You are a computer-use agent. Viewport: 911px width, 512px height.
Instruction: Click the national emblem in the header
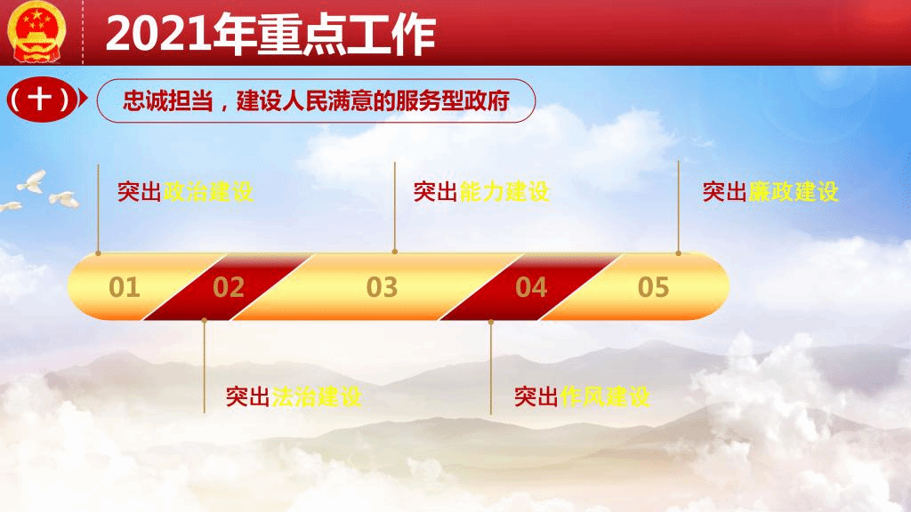[x=36, y=32]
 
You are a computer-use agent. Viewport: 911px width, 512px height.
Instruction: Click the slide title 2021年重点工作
[x=270, y=35]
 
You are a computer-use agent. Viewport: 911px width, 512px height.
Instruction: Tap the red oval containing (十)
[x=41, y=100]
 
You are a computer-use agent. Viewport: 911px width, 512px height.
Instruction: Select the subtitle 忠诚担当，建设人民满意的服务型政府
[x=316, y=101]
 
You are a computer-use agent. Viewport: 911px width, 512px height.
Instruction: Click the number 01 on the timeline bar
[x=125, y=287]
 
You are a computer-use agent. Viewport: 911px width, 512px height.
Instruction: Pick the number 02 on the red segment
[x=229, y=287]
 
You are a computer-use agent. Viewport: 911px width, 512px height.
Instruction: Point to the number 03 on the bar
[x=382, y=287]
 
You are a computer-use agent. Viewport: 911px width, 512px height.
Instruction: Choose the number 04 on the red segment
[x=531, y=287]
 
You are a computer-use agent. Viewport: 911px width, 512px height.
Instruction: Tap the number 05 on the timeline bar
[x=654, y=287]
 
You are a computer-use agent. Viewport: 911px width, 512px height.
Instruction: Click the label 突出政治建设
[x=185, y=192]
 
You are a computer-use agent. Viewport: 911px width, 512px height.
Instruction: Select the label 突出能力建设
[x=481, y=192]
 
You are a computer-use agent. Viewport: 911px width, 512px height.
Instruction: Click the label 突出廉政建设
[x=770, y=192]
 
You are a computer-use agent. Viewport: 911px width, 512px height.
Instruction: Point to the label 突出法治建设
[x=294, y=397]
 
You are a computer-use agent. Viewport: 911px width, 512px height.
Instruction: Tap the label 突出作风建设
[x=582, y=397]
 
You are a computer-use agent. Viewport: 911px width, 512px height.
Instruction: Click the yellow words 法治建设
[x=317, y=397]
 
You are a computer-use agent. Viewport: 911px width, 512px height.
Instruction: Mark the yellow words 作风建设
[x=605, y=397]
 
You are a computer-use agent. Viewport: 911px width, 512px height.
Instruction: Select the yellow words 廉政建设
[x=793, y=192]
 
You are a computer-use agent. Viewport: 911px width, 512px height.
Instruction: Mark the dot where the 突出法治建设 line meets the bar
[x=204, y=320]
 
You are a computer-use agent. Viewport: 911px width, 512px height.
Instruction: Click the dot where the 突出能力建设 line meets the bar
[x=395, y=252]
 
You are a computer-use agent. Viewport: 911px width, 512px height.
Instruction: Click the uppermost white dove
[x=33, y=181]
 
